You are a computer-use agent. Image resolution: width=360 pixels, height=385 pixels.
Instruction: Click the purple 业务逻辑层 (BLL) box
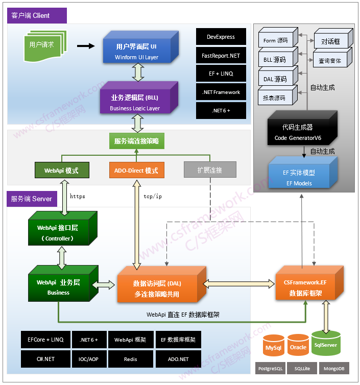pos(136,102)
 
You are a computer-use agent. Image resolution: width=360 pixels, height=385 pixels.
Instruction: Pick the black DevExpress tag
pos(221,37)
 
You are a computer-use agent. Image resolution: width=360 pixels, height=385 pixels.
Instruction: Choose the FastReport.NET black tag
pos(221,55)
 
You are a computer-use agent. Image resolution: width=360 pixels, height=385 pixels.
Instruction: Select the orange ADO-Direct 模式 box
pos(136,170)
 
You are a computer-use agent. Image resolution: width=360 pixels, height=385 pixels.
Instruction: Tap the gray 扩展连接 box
pos(210,170)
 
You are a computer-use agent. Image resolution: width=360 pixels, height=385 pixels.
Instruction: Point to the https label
pos(77,196)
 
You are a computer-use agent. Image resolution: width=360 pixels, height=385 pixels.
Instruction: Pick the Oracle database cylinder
pos(298,347)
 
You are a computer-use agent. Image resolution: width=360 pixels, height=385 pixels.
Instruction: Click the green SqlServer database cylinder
pos(325,344)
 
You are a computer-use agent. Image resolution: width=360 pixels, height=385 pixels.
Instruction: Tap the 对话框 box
pos(330,41)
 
